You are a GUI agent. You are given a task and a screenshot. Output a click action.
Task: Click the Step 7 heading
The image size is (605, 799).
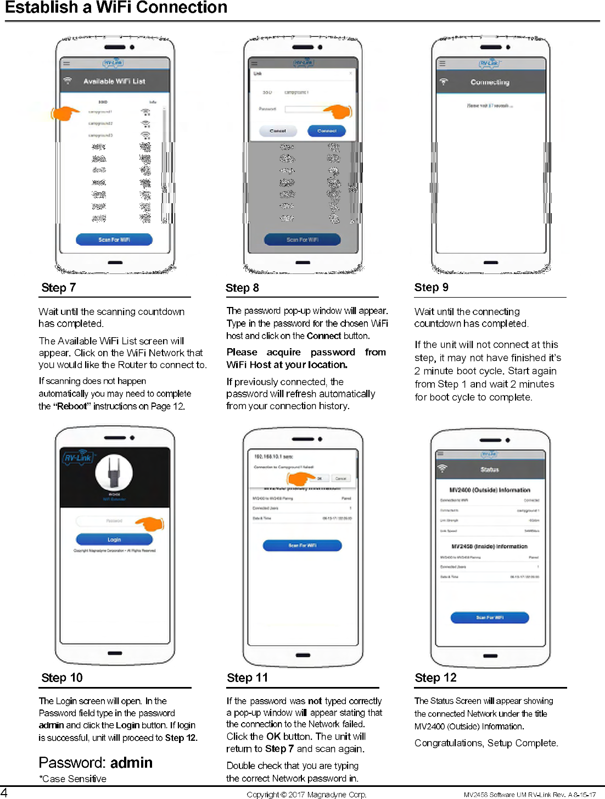[59, 288]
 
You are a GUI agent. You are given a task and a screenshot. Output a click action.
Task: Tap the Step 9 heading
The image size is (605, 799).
[432, 287]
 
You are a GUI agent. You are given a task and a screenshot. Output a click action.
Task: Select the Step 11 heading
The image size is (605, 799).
[247, 678]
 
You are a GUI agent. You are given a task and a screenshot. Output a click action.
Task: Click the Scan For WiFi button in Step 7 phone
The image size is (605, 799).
[114, 239]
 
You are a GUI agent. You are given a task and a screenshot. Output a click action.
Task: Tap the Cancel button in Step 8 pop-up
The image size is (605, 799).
[278, 131]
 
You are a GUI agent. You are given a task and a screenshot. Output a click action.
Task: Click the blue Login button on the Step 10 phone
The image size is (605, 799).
[114, 539]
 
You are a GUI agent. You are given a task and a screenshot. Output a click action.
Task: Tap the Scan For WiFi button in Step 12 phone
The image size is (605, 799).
[490, 617]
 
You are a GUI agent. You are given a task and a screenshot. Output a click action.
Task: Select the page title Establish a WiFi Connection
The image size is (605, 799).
[116, 8]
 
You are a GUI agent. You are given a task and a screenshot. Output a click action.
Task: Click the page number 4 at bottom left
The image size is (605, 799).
[4, 792]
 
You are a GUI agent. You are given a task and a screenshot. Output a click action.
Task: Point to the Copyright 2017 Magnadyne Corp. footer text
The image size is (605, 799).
[306, 794]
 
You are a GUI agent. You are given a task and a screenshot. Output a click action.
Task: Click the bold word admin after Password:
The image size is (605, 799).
[131, 762]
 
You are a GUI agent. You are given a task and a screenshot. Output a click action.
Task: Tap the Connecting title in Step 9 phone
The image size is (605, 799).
[490, 82]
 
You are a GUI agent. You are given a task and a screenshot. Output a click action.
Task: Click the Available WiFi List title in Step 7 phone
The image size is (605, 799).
[114, 81]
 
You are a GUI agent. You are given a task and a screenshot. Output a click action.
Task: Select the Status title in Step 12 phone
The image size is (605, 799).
[490, 470]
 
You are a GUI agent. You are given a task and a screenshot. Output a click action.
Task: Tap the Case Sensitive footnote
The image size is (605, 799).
[73, 779]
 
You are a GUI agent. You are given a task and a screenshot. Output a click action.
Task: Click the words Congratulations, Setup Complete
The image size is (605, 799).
[486, 743]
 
